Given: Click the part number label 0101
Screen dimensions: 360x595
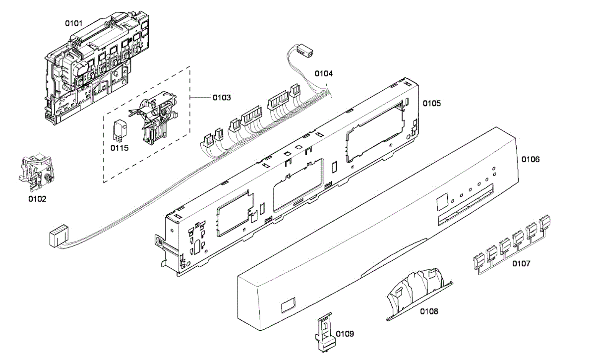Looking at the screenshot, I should click(x=74, y=23).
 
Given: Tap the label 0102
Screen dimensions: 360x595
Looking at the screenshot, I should click(x=37, y=199).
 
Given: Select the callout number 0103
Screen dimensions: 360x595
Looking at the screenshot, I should click(x=222, y=97).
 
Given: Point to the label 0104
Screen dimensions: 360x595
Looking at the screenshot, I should click(x=324, y=73).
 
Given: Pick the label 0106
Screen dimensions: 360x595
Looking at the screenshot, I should click(x=531, y=159).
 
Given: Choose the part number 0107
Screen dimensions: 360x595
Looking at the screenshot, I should click(x=521, y=263).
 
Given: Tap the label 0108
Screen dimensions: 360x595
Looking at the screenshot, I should click(x=429, y=311).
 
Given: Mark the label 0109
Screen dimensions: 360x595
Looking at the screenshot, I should click(x=345, y=334).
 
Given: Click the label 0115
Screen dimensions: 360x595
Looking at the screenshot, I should click(x=119, y=148).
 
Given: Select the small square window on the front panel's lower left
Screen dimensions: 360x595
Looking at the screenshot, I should click(x=289, y=305).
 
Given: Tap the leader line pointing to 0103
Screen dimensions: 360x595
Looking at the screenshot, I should click(x=201, y=98).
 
